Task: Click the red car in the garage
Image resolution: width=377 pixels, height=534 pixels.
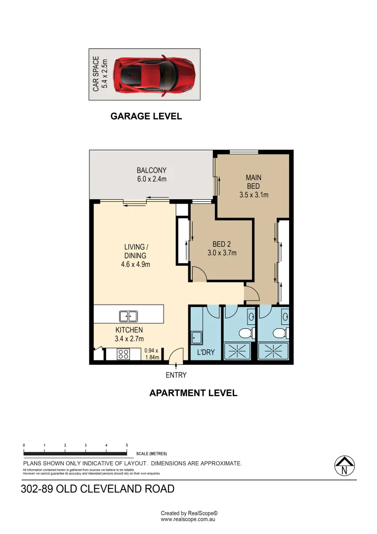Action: point(154,75)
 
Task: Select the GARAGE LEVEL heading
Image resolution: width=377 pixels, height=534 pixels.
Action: point(146,117)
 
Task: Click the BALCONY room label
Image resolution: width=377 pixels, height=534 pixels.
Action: point(152,175)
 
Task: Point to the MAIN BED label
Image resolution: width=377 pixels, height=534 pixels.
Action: point(253,186)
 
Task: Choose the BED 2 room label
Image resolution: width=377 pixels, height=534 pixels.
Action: point(222,248)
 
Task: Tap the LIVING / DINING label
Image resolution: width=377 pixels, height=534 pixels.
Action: point(135,256)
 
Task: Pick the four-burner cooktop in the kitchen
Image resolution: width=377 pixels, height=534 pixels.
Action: point(123,354)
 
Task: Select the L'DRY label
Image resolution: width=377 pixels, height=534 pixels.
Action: point(206,353)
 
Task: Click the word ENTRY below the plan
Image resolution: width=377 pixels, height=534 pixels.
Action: point(176,375)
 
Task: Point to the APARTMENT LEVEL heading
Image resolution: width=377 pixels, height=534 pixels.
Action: point(193,394)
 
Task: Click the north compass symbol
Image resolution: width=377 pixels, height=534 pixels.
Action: point(344,466)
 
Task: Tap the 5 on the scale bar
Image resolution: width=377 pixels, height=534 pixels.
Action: point(127,445)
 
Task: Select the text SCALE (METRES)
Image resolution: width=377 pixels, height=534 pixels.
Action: point(151,453)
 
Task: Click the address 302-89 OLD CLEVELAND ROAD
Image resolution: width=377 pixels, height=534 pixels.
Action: point(98,489)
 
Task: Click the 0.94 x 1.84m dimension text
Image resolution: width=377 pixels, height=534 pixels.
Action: point(152,354)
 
